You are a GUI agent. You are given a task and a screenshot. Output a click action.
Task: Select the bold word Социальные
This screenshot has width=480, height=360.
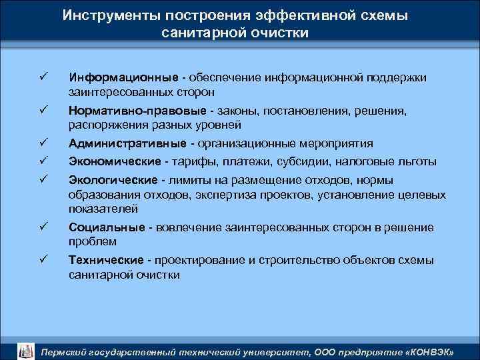107,228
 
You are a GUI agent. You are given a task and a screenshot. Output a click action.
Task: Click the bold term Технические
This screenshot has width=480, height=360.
107,260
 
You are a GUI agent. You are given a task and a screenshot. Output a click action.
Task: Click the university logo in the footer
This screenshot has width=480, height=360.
25,349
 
